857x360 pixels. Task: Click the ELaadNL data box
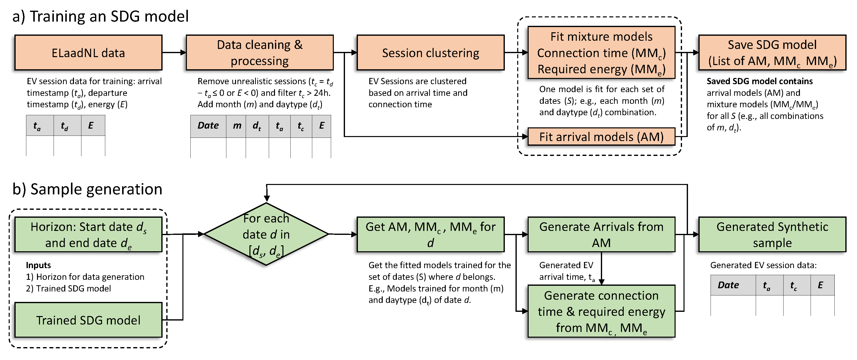(88, 53)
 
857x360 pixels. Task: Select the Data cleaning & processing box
(260, 53)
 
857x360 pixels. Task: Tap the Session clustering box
(431, 53)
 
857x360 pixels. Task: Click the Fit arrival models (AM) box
(601, 137)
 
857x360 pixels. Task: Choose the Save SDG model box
(772, 53)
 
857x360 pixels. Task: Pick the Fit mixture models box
(601, 53)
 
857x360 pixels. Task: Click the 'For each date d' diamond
(266, 234)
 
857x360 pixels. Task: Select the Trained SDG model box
(88, 320)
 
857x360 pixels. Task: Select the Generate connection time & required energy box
(601, 311)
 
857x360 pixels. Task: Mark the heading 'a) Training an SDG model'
(101, 16)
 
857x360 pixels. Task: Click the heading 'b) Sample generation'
(87, 189)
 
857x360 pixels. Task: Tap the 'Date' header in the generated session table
(728, 285)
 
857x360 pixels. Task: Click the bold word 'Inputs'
(38, 265)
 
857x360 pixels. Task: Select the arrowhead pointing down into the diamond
(267, 199)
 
